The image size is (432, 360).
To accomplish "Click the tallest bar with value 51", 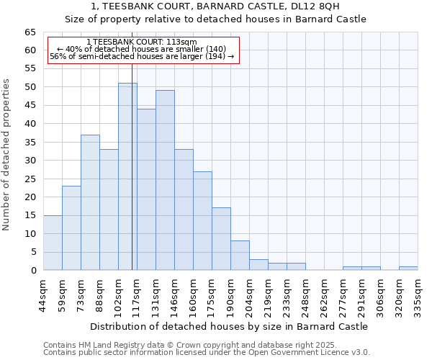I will click(127, 176).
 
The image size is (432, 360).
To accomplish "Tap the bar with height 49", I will click(165, 180).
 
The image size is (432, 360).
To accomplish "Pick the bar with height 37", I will click(90, 202).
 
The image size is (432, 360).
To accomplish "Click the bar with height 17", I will click(221, 239).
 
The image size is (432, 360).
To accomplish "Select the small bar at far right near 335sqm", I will click(408, 268).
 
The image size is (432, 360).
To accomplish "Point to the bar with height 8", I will click(240, 256).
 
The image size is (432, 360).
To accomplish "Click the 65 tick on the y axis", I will click(30, 32).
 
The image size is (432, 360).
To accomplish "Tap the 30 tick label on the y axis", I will click(30, 161).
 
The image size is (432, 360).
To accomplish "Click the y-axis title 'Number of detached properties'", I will click(6, 155).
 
